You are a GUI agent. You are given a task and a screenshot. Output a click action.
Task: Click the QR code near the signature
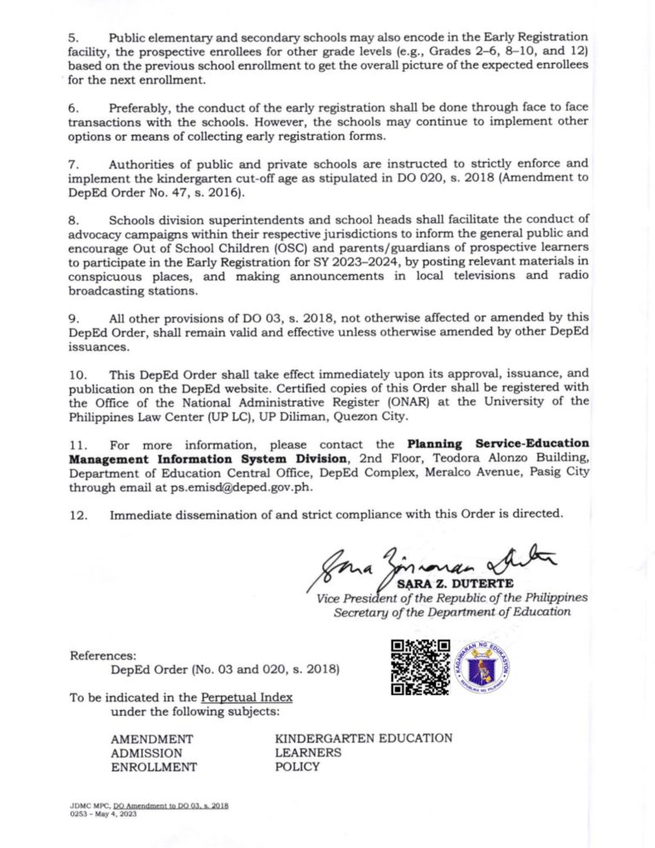click(x=420, y=667)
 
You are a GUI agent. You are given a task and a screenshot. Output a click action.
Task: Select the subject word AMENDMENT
click(x=152, y=739)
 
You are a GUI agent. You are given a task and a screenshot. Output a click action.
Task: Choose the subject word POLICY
click(x=297, y=766)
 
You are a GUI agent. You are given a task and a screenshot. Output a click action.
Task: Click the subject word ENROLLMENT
click(x=154, y=767)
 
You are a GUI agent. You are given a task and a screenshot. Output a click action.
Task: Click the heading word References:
click(x=105, y=656)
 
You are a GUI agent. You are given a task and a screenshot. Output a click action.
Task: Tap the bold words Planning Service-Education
click(x=498, y=444)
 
